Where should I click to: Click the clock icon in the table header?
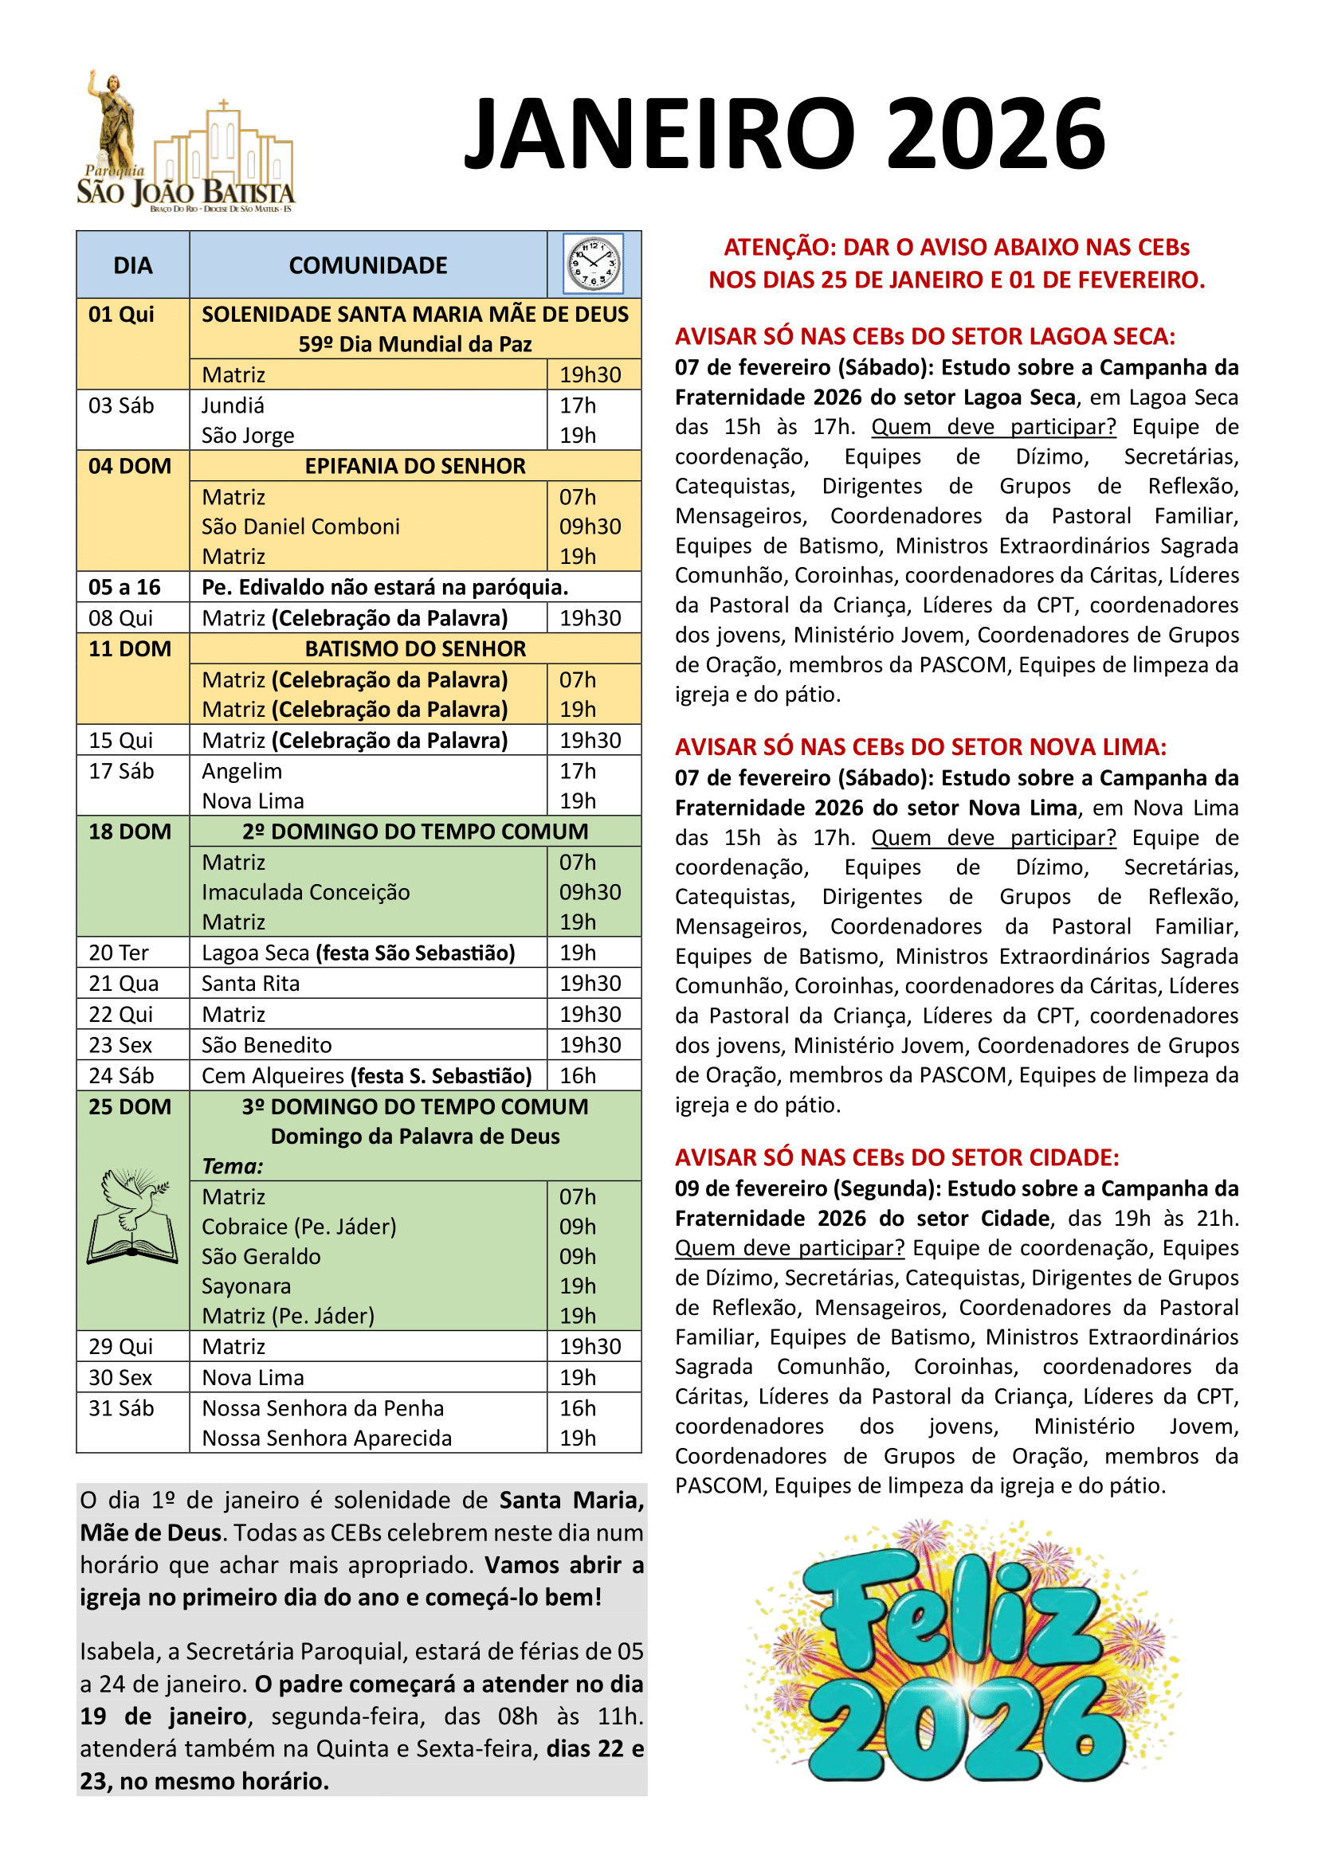click(x=594, y=264)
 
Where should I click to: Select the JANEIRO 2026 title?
click(x=784, y=133)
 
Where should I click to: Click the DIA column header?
click(x=133, y=265)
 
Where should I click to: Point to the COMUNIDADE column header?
click(x=367, y=265)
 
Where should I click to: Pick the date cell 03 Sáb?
click(x=122, y=405)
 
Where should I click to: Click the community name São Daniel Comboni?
click(x=300, y=526)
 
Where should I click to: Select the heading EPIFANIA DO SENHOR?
click(x=414, y=466)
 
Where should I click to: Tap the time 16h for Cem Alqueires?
click(x=577, y=1075)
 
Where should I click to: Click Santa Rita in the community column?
click(x=251, y=984)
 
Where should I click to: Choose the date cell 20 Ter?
click(x=119, y=953)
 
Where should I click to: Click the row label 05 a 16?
click(x=125, y=587)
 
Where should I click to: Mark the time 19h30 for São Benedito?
click(x=590, y=1045)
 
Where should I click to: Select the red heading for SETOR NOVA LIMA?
click(x=920, y=746)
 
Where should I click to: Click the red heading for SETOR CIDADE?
click(x=896, y=1157)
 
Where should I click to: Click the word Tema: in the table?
click(x=233, y=1166)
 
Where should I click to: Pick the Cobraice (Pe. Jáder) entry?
click(x=299, y=1226)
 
